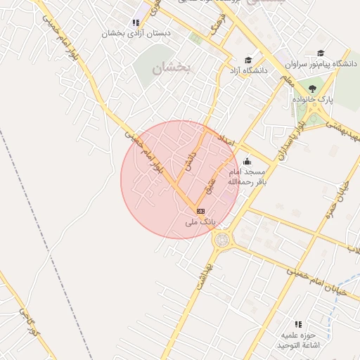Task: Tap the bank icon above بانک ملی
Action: pos(200,211)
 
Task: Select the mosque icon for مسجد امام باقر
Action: pos(246,161)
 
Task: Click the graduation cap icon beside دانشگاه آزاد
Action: pos(247,60)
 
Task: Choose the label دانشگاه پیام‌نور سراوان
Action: pos(321,63)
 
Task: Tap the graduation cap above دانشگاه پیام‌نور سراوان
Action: pos(321,53)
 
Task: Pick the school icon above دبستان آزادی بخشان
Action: pos(136,22)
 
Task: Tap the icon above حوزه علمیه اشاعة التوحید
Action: pos(298,324)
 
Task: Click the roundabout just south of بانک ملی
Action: pos(223,240)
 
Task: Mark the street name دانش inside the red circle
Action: pos(188,160)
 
